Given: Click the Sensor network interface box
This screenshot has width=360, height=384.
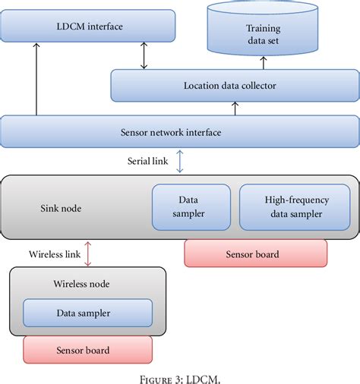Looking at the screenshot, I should tap(179, 132).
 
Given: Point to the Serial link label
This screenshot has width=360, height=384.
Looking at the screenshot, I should tap(148, 161).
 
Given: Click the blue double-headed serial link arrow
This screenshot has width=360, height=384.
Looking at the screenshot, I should tap(179, 161).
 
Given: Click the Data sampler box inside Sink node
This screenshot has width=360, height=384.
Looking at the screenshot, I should tap(188, 207).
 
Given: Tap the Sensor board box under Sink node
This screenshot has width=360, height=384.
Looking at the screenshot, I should tap(255, 253).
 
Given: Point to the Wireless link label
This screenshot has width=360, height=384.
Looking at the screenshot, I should tap(55, 253).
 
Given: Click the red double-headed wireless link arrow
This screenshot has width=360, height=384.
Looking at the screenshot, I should tap(88, 253).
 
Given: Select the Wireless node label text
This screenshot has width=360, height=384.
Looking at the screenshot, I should tap(81, 284).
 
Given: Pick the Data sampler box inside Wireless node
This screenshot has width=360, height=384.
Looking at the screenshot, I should tap(87, 312).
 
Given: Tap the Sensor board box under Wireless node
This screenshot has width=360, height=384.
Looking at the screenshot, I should tap(87, 350).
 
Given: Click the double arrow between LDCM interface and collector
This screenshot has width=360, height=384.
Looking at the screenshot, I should tap(143, 55).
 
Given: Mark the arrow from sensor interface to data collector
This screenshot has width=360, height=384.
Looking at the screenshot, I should tap(235, 109).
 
